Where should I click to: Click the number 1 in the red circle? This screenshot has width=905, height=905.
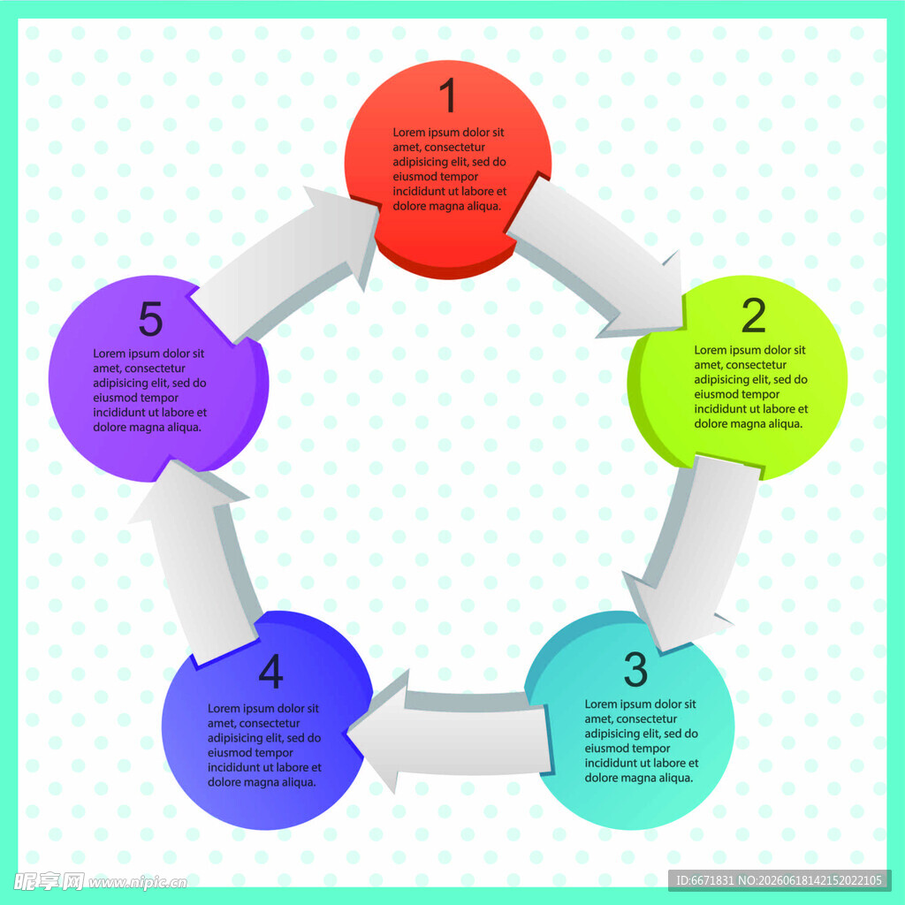(448, 95)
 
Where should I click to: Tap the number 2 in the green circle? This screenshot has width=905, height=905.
(754, 316)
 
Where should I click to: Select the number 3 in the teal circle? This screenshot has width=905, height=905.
(635, 670)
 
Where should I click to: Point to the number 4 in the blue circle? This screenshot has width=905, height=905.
(270, 671)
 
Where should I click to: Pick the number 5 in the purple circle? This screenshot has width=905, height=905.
(150, 318)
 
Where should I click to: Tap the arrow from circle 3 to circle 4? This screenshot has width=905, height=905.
(450, 733)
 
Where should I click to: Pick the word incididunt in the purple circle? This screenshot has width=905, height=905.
(119, 413)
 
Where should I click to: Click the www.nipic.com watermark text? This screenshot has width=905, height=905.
(137, 883)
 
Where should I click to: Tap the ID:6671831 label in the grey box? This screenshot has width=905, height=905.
(704, 881)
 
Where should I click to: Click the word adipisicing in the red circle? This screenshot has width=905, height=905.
(421, 163)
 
